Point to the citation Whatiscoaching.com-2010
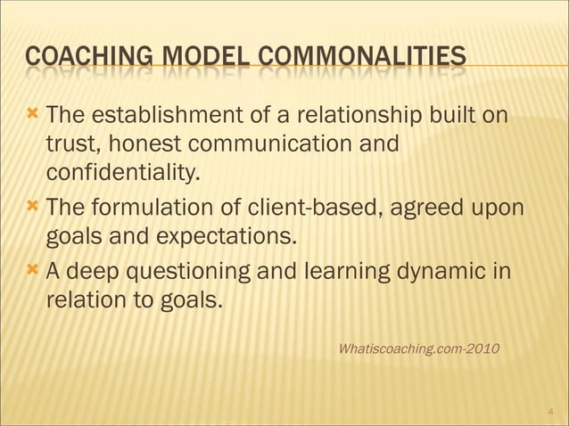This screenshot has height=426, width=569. point(419,347)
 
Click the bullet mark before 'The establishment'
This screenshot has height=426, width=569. point(33,116)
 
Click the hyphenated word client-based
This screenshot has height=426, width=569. point(322,209)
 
